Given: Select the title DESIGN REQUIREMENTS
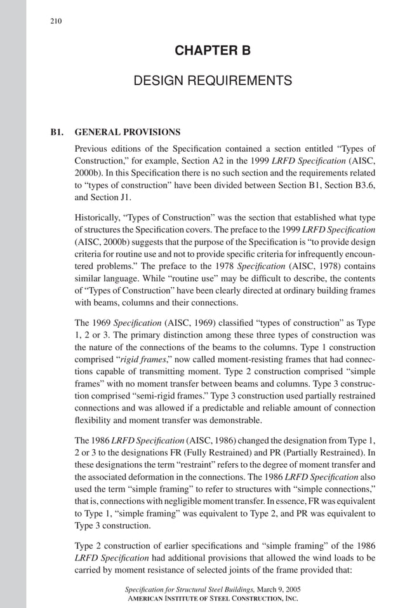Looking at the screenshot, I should coord(213,81).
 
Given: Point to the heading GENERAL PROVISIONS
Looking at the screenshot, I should coord(128,133).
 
